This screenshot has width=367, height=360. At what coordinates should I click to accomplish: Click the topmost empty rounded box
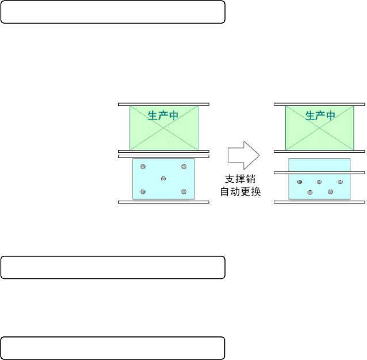(113, 12)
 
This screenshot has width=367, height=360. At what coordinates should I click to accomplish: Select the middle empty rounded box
(113, 267)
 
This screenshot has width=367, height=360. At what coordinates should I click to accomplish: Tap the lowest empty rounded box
(113, 348)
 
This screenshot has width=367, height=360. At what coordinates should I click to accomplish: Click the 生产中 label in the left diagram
(163, 116)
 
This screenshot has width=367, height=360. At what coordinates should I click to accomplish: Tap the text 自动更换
(241, 192)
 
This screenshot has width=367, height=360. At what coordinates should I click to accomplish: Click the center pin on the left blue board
(164, 179)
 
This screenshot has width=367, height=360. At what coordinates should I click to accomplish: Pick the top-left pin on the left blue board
(144, 167)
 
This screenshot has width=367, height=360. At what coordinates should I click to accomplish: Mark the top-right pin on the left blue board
(184, 167)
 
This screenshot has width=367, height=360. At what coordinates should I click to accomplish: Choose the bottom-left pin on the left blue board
(144, 192)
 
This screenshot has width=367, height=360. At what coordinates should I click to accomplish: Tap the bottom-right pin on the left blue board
(184, 192)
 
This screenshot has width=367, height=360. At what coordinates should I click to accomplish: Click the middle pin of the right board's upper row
(319, 182)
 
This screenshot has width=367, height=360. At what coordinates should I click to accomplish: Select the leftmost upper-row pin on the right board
(299, 182)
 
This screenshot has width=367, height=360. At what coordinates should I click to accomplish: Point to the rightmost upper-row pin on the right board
(340, 182)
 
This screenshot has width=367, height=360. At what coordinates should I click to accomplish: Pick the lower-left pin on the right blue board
(309, 192)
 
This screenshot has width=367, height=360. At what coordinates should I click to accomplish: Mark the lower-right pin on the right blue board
(330, 192)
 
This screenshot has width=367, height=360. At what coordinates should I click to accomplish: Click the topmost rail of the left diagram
(164, 104)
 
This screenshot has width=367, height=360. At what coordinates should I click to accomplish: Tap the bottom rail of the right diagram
(320, 202)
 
